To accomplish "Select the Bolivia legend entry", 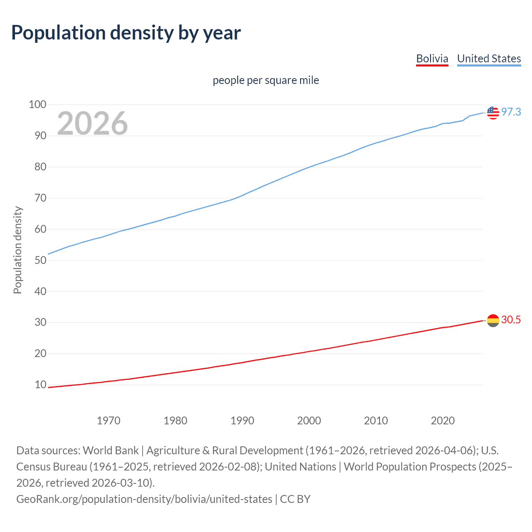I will (x=432, y=59).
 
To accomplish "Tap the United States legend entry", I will (x=489, y=59).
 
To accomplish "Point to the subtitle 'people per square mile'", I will (x=266, y=80).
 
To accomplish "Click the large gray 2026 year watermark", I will (x=92, y=123).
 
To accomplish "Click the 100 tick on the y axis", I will (x=37, y=104).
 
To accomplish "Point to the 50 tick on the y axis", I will (x=40, y=260).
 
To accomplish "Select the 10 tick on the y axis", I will (x=40, y=384).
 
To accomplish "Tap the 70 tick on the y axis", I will (x=40, y=198).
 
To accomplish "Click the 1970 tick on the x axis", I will (x=108, y=421).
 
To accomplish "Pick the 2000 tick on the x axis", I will (x=309, y=421).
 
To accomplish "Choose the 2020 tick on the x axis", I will (x=443, y=421).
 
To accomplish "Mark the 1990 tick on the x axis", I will (x=242, y=421).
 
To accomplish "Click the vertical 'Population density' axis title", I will (x=17, y=250).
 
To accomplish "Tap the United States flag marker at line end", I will (x=493, y=112).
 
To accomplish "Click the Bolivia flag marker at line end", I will (x=493, y=320).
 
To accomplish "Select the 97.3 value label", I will (x=511, y=112).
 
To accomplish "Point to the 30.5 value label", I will (x=511, y=320).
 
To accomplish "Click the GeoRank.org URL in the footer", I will (x=144, y=499).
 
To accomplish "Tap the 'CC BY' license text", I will (x=295, y=499).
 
